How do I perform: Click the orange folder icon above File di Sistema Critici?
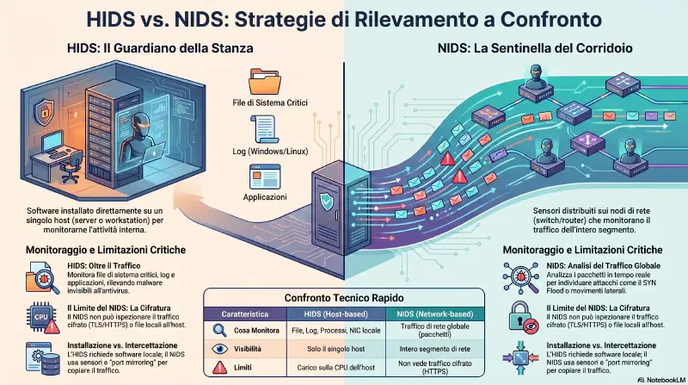click(x=265, y=81)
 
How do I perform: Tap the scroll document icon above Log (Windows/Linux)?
click(x=264, y=129)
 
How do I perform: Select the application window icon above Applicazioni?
click(x=265, y=177)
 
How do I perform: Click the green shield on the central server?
click(x=327, y=201)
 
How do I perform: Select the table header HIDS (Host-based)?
click(x=336, y=314)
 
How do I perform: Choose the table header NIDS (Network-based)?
click(x=435, y=314)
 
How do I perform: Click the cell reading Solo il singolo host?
click(x=336, y=349)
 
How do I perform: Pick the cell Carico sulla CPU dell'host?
click(x=336, y=368)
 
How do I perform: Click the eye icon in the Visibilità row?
click(x=220, y=349)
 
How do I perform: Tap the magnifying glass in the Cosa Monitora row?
click(x=219, y=331)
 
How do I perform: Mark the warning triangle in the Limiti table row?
click(x=219, y=368)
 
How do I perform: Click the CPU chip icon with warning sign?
click(x=43, y=317)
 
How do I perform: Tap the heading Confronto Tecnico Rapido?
click(x=344, y=298)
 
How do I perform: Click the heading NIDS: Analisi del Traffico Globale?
click(x=604, y=266)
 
